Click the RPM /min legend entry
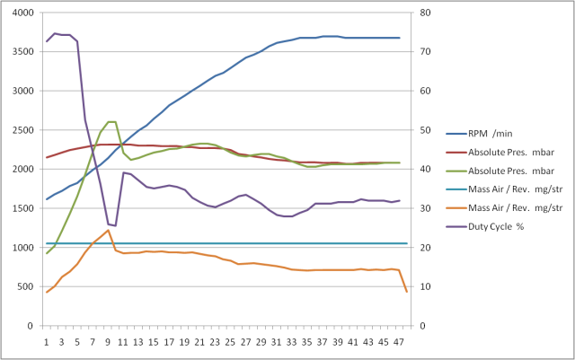coord(491,133)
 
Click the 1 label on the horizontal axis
coord(47,341)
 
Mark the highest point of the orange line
coord(108,230)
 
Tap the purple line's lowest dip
coord(114,225)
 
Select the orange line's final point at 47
coord(406,292)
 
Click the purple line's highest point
coord(55,33)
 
